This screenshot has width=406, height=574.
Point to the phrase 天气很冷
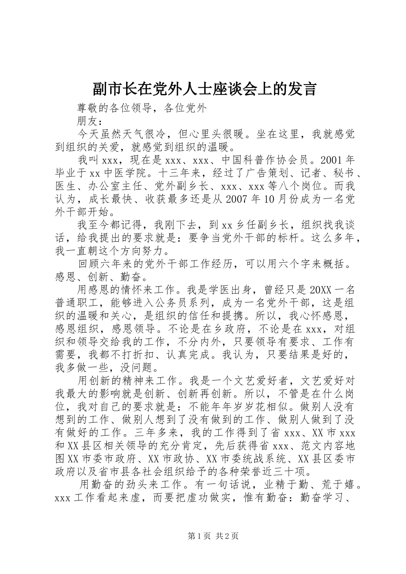(x=138, y=134)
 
